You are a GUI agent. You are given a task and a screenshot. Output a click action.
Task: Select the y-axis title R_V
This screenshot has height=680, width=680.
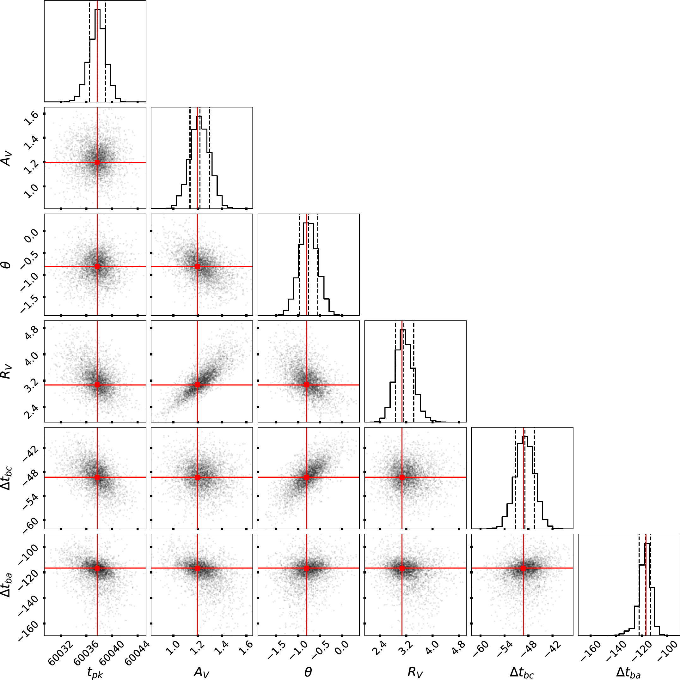(7, 372)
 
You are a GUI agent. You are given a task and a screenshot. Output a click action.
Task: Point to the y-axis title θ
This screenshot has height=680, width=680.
(7, 265)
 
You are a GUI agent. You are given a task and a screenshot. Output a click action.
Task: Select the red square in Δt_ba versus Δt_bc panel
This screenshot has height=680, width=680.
(523, 568)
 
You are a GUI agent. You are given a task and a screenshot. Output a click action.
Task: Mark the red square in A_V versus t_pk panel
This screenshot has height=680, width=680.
(98, 162)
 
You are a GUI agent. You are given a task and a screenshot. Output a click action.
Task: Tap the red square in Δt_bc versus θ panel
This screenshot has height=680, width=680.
(307, 477)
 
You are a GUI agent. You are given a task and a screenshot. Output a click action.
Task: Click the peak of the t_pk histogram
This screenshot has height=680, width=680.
(98, 10)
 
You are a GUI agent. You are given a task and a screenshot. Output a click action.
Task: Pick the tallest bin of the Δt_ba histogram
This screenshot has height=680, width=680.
(647, 544)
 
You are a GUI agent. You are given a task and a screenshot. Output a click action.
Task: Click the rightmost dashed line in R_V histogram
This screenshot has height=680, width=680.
(414, 370)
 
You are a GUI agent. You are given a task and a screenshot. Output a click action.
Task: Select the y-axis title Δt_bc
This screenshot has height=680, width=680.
(7, 478)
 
